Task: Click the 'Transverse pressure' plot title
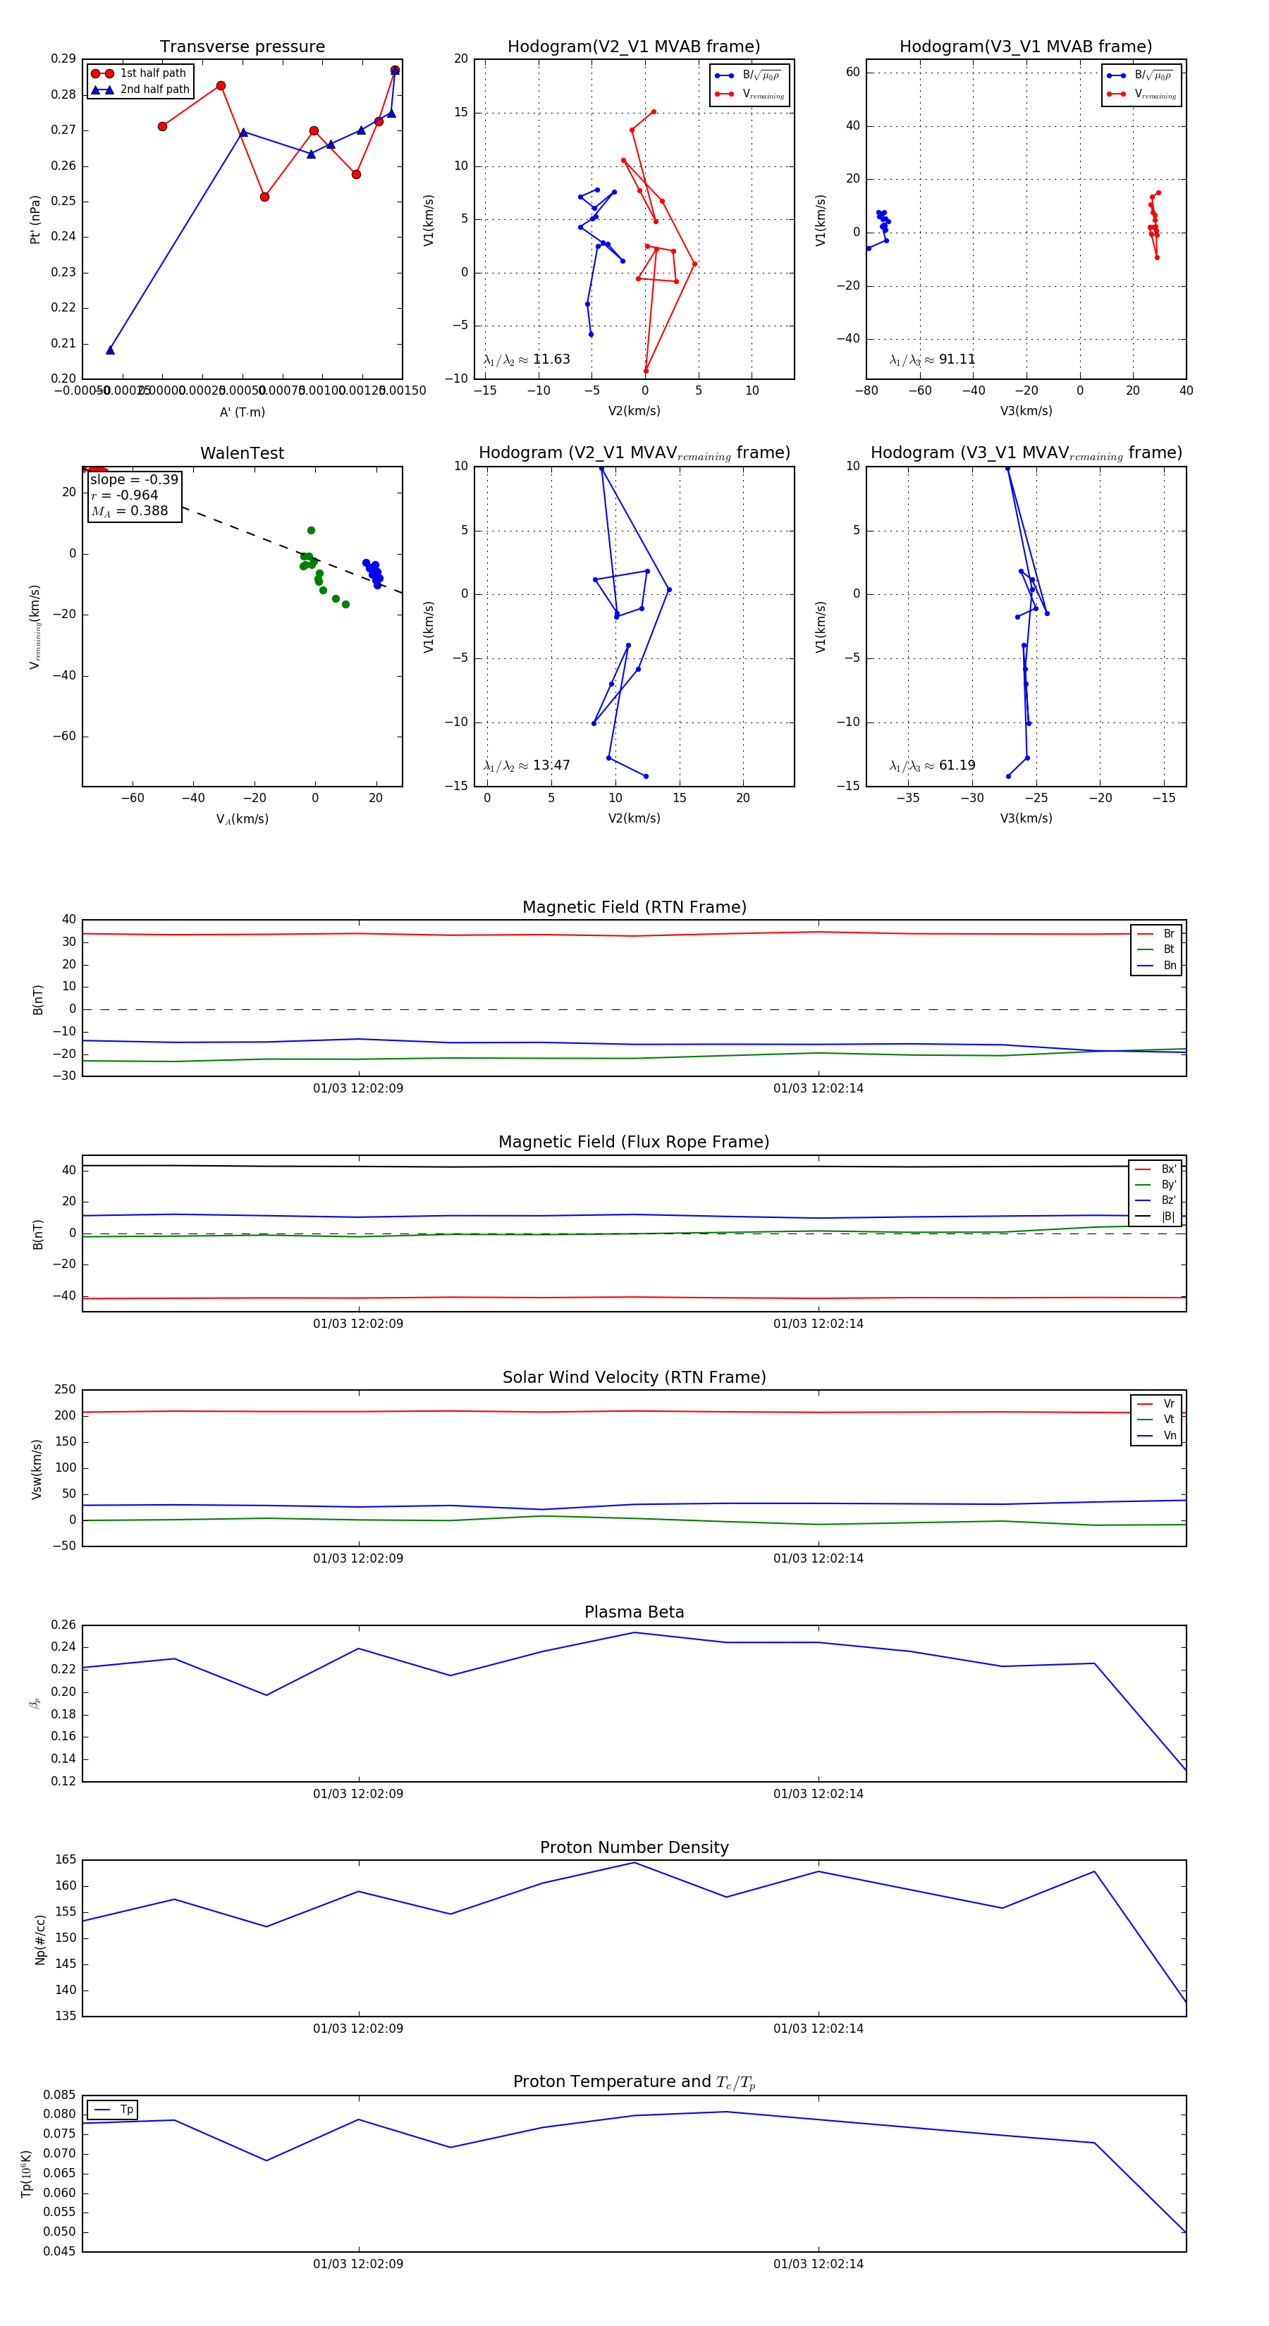(x=242, y=47)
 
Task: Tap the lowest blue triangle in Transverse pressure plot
(x=110, y=350)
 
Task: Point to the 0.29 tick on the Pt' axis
(x=63, y=59)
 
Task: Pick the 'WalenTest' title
(x=242, y=453)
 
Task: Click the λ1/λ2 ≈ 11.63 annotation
(x=527, y=359)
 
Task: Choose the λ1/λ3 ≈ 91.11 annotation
(x=932, y=359)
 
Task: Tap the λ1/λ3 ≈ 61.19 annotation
(x=932, y=765)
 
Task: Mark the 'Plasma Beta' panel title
(x=634, y=1612)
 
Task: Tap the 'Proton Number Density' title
(x=634, y=1847)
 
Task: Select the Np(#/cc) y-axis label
(x=39, y=1940)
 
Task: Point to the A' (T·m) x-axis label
(x=242, y=412)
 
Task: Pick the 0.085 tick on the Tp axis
(x=60, y=2095)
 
